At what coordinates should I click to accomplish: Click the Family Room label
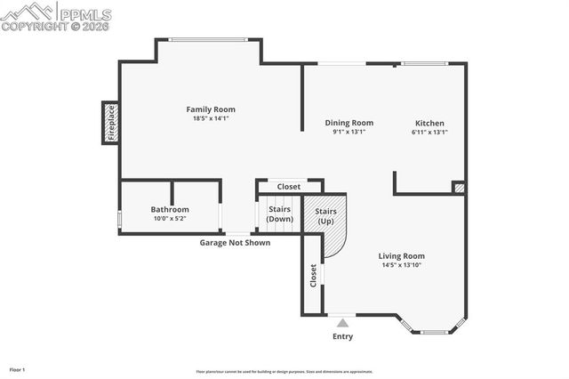pyautogui.click(x=211, y=109)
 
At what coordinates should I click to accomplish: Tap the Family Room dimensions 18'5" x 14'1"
pyautogui.click(x=211, y=118)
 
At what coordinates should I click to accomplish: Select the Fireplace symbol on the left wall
pyautogui.click(x=111, y=123)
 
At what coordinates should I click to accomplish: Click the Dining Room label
pyautogui.click(x=349, y=123)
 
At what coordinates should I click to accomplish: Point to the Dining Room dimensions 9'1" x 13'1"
pyautogui.click(x=349, y=132)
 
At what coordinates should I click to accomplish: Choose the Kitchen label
pyautogui.click(x=429, y=123)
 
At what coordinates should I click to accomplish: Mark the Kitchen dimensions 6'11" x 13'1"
pyautogui.click(x=429, y=132)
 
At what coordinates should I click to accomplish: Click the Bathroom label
pyautogui.click(x=170, y=209)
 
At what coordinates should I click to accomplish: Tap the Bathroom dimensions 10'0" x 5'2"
pyautogui.click(x=170, y=218)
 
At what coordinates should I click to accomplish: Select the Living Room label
pyautogui.click(x=402, y=255)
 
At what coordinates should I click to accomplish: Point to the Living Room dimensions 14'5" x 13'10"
pyautogui.click(x=402, y=264)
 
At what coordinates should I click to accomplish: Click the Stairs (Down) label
pyautogui.click(x=280, y=214)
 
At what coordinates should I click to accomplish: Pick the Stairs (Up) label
pyautogui.click(x=325, y=215)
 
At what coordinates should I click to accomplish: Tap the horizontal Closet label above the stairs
pyautogui.click(x=288, y=187)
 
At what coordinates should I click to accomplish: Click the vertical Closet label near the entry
pyautogui.click(x=313, y=275)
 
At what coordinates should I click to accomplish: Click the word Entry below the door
pyautogui.click(x=342, y=336)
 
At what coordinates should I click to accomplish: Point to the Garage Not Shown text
pyautogui.click(x=235, y=242)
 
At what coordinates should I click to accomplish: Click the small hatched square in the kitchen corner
pyautogui.click(x=459, y=188)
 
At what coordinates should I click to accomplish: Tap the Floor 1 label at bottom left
pyautogui.click(x=18, y=369)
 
